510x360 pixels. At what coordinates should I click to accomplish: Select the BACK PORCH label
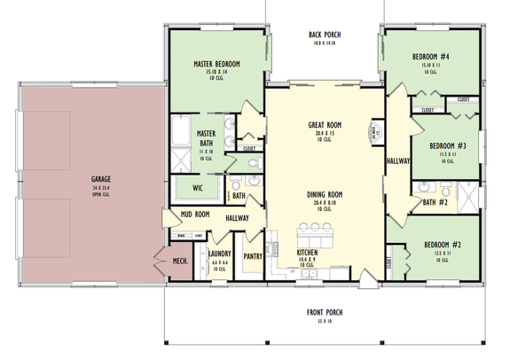pyautogui.click(x=325, y=35)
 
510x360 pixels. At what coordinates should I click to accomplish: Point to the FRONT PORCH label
pyautogui.click(x=325, y=312)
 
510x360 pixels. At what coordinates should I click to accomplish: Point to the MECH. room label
pyautogui.click(x=178, y=262)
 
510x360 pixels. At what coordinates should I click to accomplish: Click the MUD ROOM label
pyautogui.click(x=195, y=215)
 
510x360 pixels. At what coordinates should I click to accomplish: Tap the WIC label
pyautogui.click(x=199, y=188)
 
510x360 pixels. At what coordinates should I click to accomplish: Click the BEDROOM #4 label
pyautogui.click(x=431, y=58)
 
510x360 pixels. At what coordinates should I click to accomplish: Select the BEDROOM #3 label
pyautogui.click(x=442, y=145)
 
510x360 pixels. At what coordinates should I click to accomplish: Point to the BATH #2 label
pyautogui.click(x=435, y=202)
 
